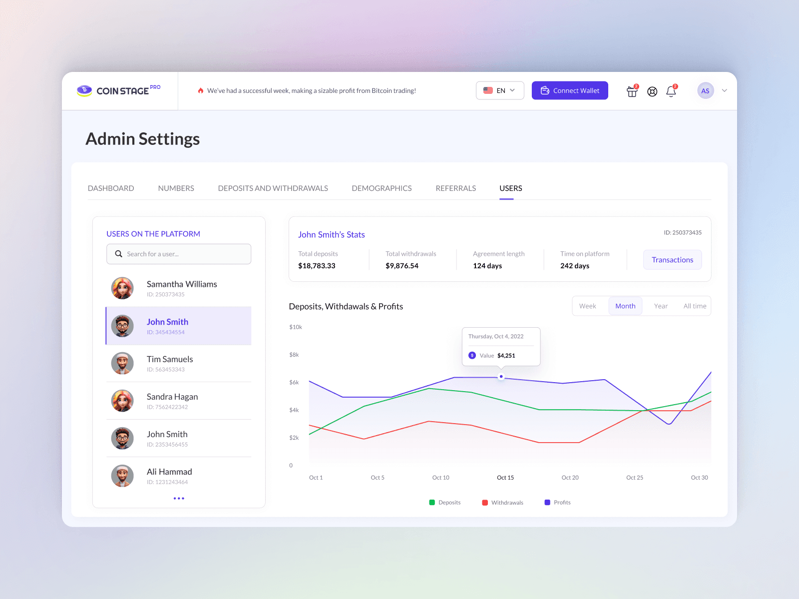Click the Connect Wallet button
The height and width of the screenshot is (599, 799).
click(x=570, y=90)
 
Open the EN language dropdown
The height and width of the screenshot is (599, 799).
click(x=500, y=90)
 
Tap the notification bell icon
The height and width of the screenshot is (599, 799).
click(x=671, y=91)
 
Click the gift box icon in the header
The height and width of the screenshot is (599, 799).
click(x=632, y=91)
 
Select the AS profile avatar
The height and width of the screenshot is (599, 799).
click(x=705, y=91)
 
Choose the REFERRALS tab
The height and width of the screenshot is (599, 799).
click(x=455, y=188)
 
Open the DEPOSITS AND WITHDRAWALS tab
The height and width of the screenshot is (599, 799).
click(x=273, y=188)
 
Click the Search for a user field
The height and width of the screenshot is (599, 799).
click(x=179, y=254)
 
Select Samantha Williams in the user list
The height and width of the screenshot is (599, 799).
click(x=181, y=284)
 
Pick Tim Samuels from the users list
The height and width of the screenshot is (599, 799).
click(x=169, y=359)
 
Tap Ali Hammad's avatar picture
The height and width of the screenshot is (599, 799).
click(x=122, y=476)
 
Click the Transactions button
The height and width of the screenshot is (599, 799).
click(x=672, y=260)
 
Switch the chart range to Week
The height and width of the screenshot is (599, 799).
click(x=588, y=306)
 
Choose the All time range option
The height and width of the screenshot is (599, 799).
click(x=695, y=306)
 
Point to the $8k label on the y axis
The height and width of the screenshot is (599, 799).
click(x=294, y=355)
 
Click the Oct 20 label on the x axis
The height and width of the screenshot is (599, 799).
click(x=570, y=478)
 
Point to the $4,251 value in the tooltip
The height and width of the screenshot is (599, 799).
click(x=506, y=356)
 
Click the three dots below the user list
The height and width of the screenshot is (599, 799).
click(x=179, y=498)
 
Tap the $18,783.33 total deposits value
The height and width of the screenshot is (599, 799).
click(x=317, y=266)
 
